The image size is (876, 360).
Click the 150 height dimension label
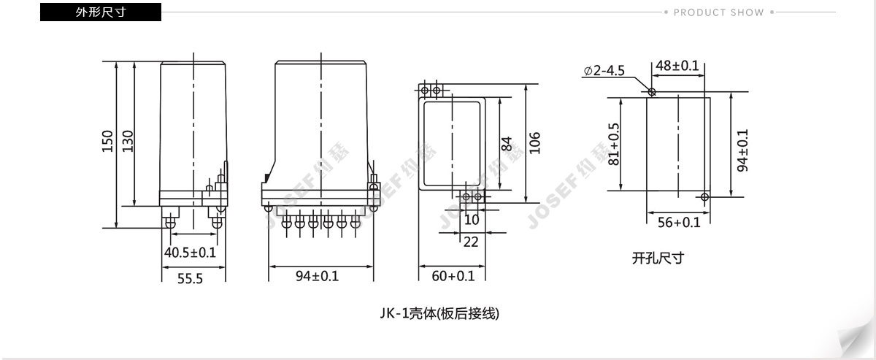pyautogui.click(x=107, y=141)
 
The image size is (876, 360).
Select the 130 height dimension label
pyautogui.click(x=128, y=141)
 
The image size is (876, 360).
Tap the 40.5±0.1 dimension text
pyautogui.click(x=190, y=253)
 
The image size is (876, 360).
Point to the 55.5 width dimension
pyautogui.click(x=190, y=279)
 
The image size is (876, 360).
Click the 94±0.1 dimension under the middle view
pyautogui.click(x=317, y=276)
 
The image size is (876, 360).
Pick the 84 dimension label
pyautogui.click(x=507, y=144)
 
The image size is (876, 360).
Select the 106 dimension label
pyautogui.click(x=534, y=143)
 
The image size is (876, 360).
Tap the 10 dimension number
pyautogui.click(x=472, y=220)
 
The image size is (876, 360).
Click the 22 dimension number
pyautogui.click(x=471, y=242)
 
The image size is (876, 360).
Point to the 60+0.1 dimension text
pyautogui.click(x=453, y=276)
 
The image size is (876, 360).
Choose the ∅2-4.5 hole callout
pyautogui.click(x=604, y=70)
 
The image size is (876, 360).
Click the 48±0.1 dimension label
pyautogui.click(x=677, y=65)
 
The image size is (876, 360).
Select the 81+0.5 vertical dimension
pyautogui.click(x=614, y=144)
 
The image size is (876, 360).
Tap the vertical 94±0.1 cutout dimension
pyautogui.click(x=742, y=150)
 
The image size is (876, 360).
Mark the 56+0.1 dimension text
pyautogui.click(x=679, y=223)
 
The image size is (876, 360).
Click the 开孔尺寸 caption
pyautogui.click(x=658, y=258)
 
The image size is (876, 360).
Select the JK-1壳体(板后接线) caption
pyautogui.click(x=439, y=313)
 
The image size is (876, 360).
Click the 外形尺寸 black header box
pyautogui.click(x=101, y=12)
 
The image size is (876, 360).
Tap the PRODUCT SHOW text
pyautogui.click(x=719, y=12)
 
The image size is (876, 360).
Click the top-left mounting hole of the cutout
pyautogui.click(x=652, y=91)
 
